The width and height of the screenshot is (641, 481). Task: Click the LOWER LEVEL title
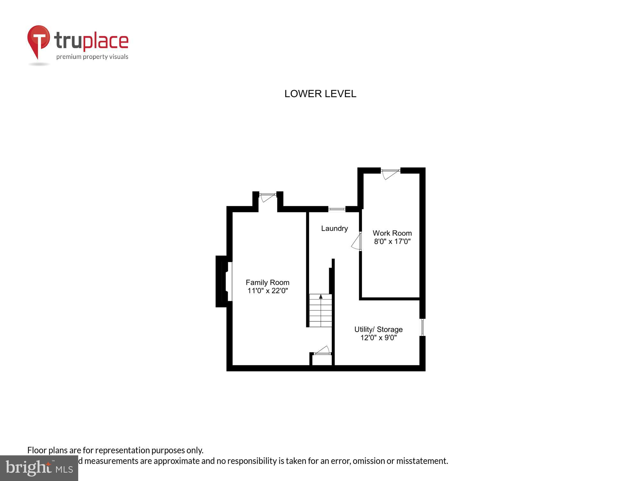pos(320,94)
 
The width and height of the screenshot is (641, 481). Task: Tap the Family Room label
pos(267,283)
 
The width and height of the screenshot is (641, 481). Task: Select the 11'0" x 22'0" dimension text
pos(268,291)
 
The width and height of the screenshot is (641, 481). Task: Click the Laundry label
pos(334,228)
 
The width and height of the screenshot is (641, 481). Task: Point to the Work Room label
pos(392,233)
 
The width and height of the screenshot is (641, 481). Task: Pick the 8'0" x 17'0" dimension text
pos(392,241)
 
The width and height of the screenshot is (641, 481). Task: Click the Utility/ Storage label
pos(378,329)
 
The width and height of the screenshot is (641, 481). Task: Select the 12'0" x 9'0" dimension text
pos(379,338)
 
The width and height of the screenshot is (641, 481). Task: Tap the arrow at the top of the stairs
pos(321,297)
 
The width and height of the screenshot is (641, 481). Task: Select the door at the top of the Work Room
pos(390,173)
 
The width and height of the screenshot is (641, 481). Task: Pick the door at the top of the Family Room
pos(268,197)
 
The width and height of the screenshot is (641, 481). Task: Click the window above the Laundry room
pos(337,209)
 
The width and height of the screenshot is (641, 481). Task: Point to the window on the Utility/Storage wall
pos(422,327)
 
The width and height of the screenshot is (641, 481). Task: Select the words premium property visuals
pos(92,57)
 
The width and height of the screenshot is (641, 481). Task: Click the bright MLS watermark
pos(39,468)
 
